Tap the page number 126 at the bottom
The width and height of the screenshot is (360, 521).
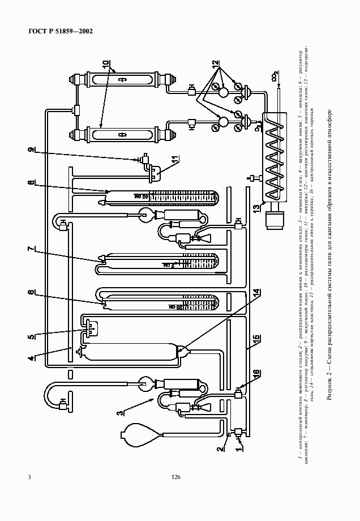click(x=175, y=477)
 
